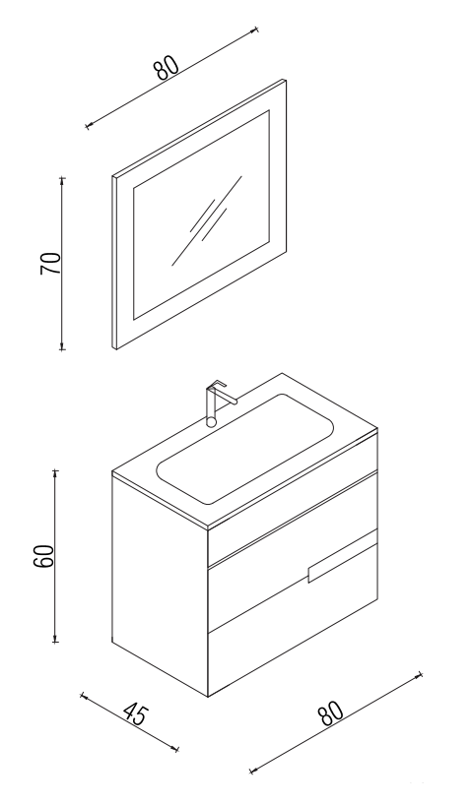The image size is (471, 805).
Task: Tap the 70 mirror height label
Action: click(51, 264)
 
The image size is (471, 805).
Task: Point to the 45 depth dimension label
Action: click(136, 715)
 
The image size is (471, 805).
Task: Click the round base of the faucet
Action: click(211, 422)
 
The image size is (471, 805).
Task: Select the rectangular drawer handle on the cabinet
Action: click(341, 557)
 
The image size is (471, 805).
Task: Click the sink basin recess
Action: click(245, 448)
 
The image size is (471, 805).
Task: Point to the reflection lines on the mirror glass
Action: click(207, 220)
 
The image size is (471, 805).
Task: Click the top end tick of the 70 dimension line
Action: click(63, 178)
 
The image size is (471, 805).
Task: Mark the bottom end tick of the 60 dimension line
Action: click(55, 642)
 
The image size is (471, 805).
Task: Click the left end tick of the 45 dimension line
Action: click(82, 695)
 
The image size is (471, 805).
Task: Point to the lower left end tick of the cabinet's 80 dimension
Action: click(251, 771)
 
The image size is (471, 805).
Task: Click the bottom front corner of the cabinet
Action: click(208, 697)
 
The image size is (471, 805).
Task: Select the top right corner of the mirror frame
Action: click(286, 80)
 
